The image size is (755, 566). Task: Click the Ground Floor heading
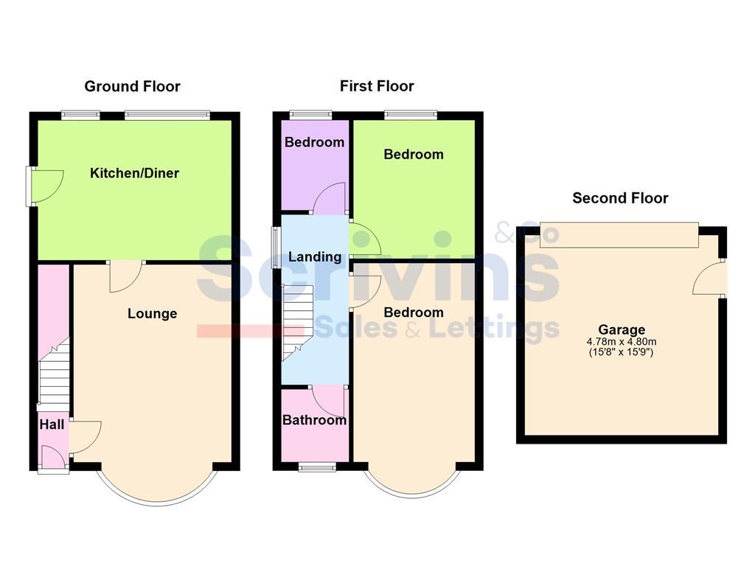(132, 86)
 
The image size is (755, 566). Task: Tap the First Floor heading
(377, 86)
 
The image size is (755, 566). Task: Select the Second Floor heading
(620, 198)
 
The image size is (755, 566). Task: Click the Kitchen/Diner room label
(134, 173)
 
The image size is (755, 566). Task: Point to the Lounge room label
(153, 313)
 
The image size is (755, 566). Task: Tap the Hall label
(52, 424)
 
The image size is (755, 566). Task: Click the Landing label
(315, 256)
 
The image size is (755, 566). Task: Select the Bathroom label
(314, 420)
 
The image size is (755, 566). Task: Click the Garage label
(622, 330)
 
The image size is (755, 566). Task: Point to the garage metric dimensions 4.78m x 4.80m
(622, 341)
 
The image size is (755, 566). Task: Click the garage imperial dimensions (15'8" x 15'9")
(622, 352)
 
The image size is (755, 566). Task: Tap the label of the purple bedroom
(315, 142)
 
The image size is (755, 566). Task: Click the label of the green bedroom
(414, 154)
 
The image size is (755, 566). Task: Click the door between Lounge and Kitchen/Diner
(125, 276)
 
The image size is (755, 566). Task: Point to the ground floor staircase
(53, 376)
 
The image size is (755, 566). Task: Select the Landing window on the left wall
(275, 247)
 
